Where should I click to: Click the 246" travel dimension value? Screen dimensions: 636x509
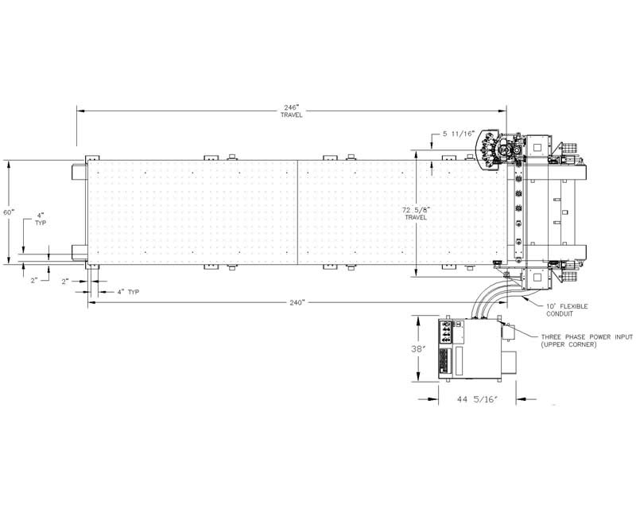pos(291,107)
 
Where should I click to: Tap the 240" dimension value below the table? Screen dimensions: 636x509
pos(297,303)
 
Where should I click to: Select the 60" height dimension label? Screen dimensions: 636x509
pos(9,212)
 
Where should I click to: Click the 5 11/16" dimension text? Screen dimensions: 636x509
pos(459,134)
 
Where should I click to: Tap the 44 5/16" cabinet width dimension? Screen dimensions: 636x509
pos(477,399)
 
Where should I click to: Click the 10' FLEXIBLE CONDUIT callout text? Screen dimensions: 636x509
pos(567,310)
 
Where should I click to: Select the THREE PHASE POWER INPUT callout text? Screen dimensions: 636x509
pos(587,337)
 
